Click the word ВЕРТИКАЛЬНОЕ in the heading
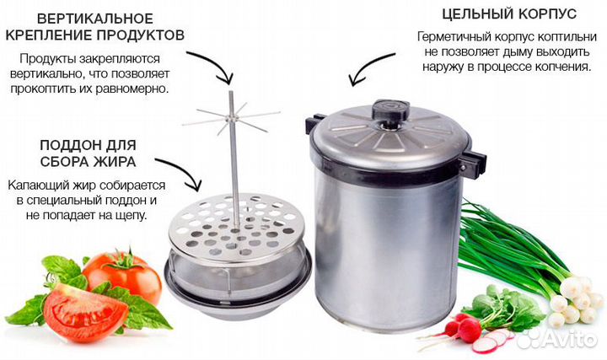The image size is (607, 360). (x=95, y=19)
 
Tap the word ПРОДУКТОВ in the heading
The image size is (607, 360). (x=140, y=35)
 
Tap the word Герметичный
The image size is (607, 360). (x=455, y=37)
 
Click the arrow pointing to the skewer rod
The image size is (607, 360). (x=218, y=62)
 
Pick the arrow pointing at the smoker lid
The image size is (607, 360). (x=366, y=66)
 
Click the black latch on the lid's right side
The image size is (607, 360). (x=473, y=161)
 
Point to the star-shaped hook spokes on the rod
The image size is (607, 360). (x=231, y=116)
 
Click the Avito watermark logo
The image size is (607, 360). (x=556, y=339)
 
